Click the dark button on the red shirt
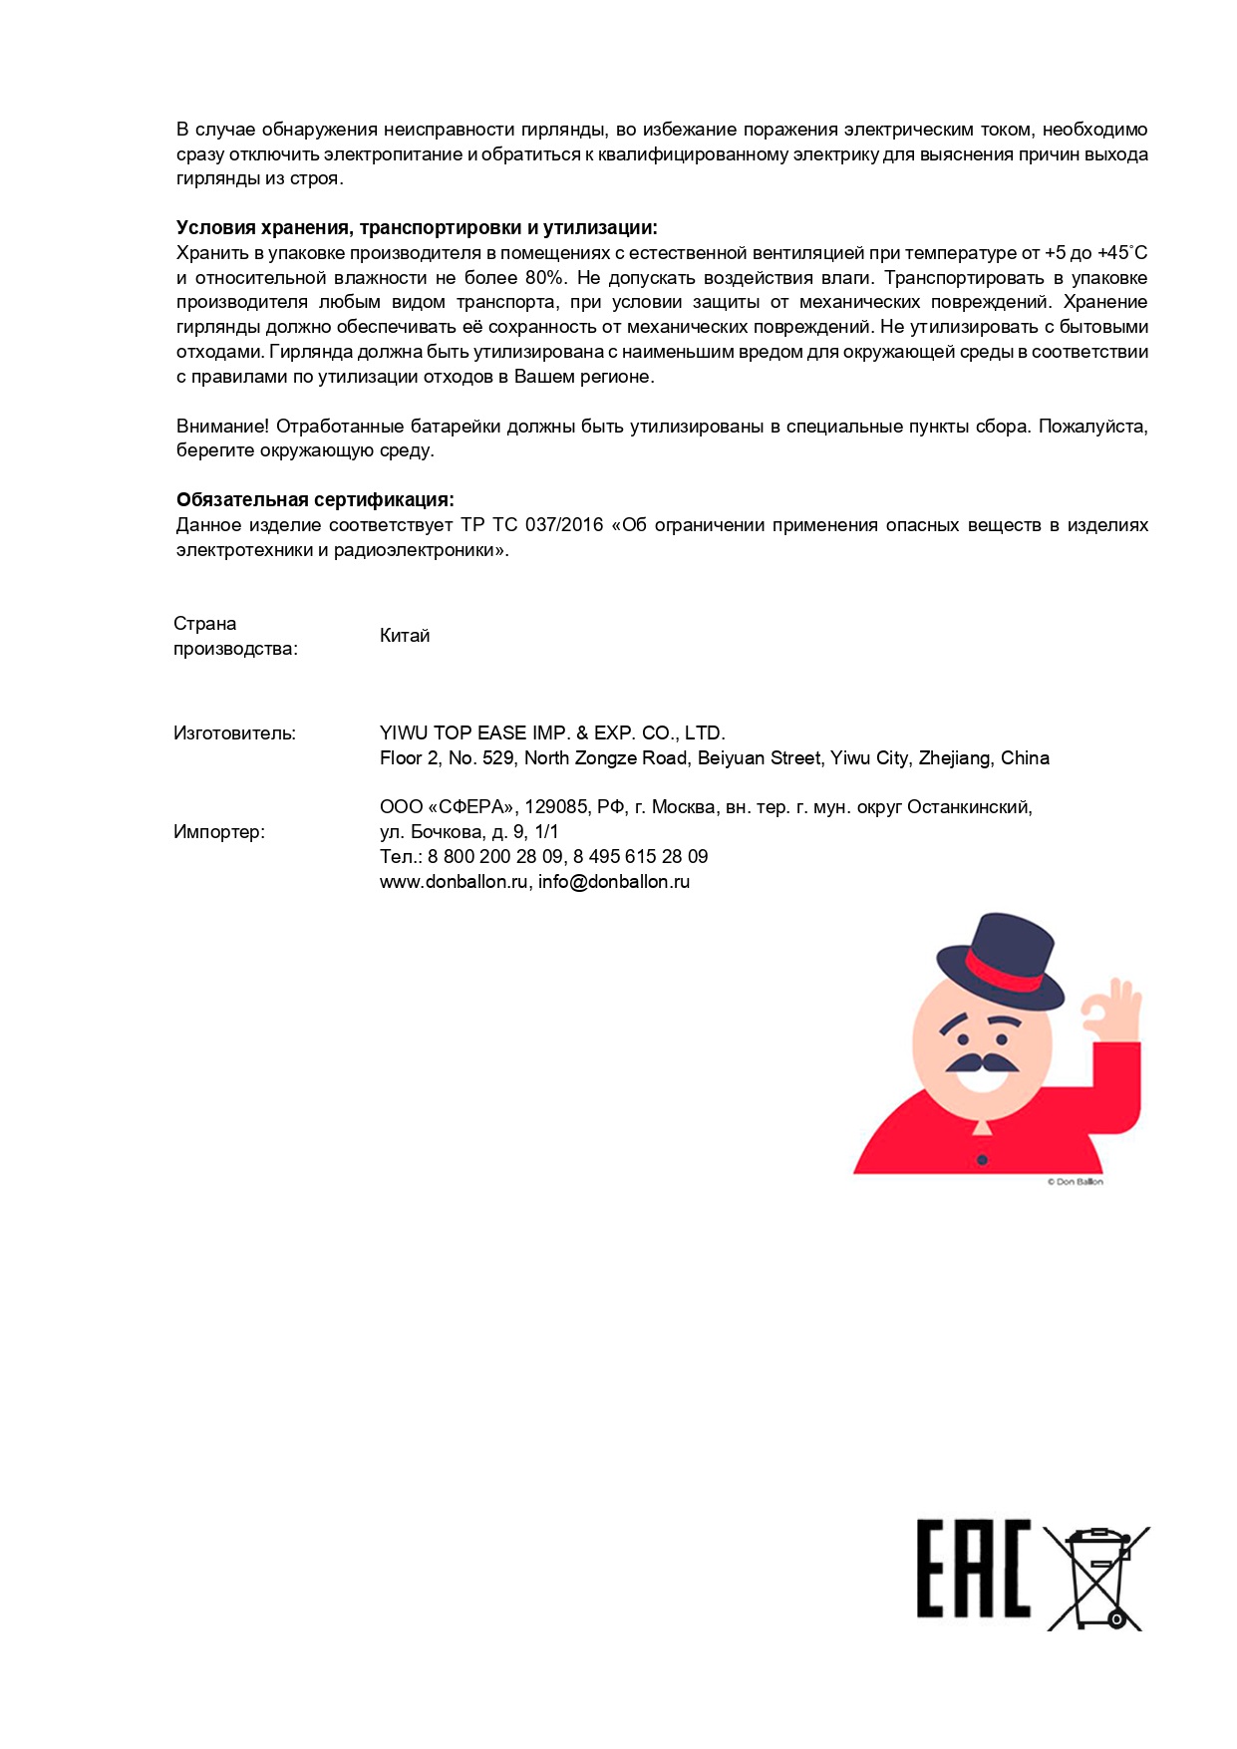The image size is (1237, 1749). tap(982, 1160)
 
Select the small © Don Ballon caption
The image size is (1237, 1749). tap(1075, 1182)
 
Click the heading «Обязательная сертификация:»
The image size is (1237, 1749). tap(315, 500)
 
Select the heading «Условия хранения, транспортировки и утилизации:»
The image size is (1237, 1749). tap(417, 228)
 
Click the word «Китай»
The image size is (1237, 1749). tap(405, 636)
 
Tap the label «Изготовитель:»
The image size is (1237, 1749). tap(234, 733)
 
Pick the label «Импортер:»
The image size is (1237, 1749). tap(219, 832)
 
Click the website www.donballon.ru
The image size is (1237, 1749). tap(454, 882)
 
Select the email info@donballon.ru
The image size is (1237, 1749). tap(614, 882)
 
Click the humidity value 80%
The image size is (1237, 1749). tap(544, 278)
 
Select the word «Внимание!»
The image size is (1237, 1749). tap(222, 427)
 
